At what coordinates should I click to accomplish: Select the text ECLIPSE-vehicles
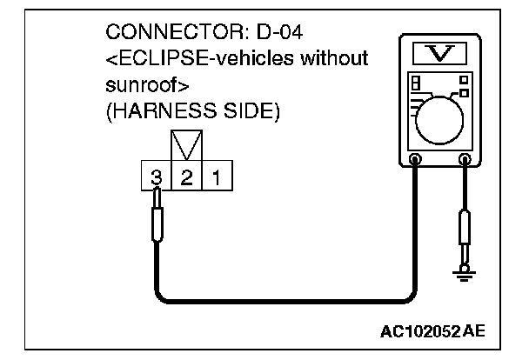point(194,60)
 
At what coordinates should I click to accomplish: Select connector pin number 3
point(157,178)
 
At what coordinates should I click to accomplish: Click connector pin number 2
point(186,178)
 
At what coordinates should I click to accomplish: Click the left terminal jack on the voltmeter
point(416,160)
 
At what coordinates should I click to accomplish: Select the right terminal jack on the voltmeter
point(466,160)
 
